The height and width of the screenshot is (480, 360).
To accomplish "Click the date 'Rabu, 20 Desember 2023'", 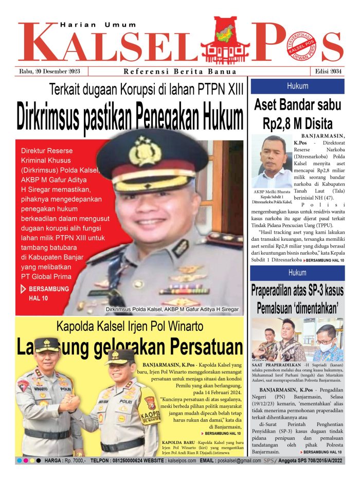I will pyautogui.click(x=52, y=72).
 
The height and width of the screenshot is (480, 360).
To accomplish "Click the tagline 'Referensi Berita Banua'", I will pyautogui.click(x=180, y=72).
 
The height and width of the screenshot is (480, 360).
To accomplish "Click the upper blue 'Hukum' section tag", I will pyautogui.click(x=298, y=86).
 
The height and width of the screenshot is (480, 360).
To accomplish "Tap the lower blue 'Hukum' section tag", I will pyautogui.click(x=297, y=272).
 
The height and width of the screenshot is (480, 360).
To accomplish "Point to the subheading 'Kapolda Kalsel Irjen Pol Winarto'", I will pyautogui.click(x=130, y=326).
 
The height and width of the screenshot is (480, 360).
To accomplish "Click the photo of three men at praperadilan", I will pyautogui.click(x=297, y=340).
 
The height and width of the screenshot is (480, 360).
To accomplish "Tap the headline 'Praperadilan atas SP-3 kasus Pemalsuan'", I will pyautogui.click(x=297, y=299).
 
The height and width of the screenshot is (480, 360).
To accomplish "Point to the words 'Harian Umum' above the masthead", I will pyautogui.click(x=98, y=24).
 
